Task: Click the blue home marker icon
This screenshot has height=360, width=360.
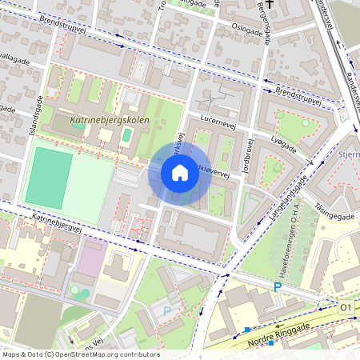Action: [x=180, y=173]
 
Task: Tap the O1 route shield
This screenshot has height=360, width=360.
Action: [x=346, y=306]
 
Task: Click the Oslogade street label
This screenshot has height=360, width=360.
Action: [x=247, y=26]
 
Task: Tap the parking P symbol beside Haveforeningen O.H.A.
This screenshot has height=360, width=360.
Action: [x=278, y=287]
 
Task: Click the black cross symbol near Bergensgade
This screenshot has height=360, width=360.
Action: [x=270, y=5]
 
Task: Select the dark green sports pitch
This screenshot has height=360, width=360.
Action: [x=48, y=177]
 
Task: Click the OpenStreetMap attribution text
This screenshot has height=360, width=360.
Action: [x=80, y=354]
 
